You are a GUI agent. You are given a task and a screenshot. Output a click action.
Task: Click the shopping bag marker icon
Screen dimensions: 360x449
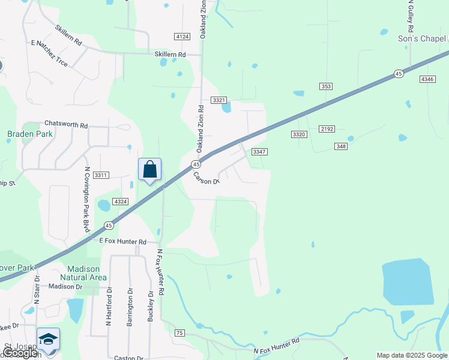coord(149,169)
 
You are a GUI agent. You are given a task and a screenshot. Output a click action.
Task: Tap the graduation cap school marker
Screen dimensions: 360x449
coord(49,339)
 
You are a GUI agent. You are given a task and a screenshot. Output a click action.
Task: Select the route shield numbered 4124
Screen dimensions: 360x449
coord(182,37)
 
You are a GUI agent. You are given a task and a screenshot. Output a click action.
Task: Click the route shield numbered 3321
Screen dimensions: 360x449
coord(219,100)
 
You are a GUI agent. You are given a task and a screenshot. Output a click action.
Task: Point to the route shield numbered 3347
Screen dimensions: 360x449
coord(259,152)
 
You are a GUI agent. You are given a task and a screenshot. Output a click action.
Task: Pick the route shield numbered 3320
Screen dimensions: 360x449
coord(299,134)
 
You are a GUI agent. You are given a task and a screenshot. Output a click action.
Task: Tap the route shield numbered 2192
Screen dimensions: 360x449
coord(327,129)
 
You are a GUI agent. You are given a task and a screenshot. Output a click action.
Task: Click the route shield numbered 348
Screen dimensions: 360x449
coord(341,146)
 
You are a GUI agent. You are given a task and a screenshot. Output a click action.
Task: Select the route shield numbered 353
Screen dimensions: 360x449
coord(326,86)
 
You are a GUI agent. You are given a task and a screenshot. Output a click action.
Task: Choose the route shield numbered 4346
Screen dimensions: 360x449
coord(427,79)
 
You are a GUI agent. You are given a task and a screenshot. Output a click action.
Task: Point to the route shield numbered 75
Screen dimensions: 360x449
coord(179,332)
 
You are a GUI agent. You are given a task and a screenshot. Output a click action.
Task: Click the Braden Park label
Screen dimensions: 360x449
coord(23,134)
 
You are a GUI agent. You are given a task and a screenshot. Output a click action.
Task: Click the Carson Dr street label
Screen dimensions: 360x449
coord(206,178)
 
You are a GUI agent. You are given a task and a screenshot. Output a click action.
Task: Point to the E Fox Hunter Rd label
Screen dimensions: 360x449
coord(122,241)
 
